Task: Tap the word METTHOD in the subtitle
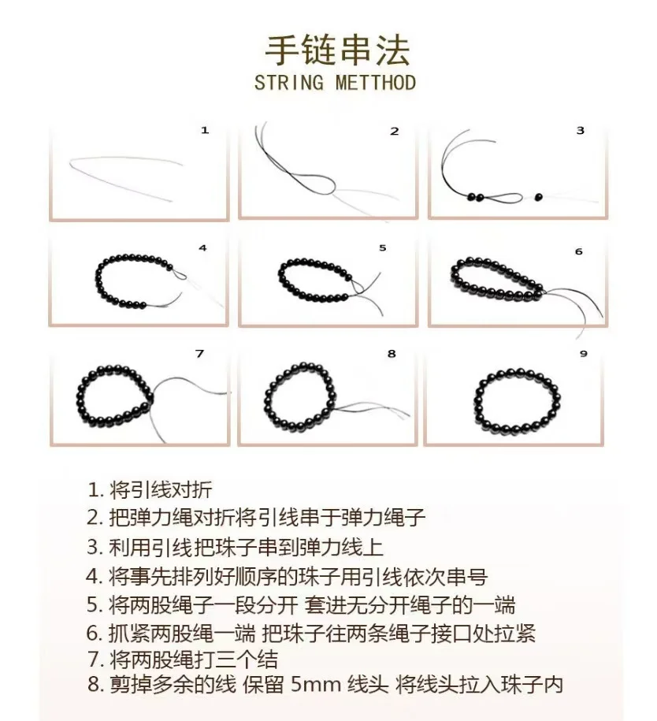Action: click(375, 84)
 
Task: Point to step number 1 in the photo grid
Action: click(205, 130)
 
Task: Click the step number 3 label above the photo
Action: click(580, 130)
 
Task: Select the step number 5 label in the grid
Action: click(383, 247)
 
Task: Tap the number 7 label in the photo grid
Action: click(199, 354)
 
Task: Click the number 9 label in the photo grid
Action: click(583, 354)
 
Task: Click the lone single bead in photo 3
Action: click(539, 195)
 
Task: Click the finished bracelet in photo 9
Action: click(518, 398)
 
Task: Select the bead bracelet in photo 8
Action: click(299, 400)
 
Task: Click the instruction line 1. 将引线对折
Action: click(150, 490)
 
